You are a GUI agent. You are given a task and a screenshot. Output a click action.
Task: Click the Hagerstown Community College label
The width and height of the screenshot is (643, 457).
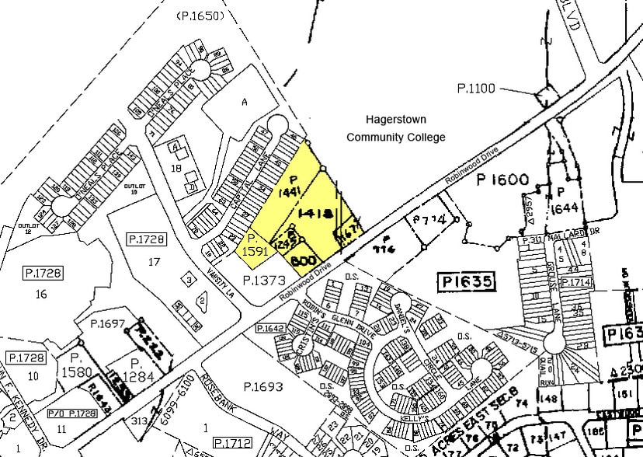click(x=396, y=128)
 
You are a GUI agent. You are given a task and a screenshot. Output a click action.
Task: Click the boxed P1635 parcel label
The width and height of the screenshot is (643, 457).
click(x=465, y=281)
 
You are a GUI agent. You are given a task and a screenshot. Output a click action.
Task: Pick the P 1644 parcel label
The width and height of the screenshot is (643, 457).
click(x=564, y=199)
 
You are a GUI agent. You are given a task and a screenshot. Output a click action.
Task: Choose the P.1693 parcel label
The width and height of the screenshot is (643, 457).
click(x=262, y=386)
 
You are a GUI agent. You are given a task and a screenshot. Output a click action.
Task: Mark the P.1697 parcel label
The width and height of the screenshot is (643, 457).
click(x=106, y=324)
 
